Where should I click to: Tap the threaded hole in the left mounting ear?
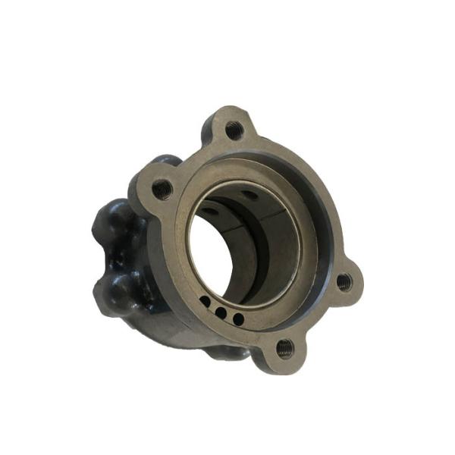pyautogui.click(x=162, y=189)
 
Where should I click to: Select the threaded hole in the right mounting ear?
pyautogui.click(x=344, y=282)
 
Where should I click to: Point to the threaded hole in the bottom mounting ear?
pyautogui.click(x=284, y=348)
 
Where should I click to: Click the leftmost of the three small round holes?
pyautogui.click(x=206, y=303)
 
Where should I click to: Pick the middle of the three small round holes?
pyautogui.click(x=221, y=311)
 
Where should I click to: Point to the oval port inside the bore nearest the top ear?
pyautogui.click(x=249, y=195)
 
